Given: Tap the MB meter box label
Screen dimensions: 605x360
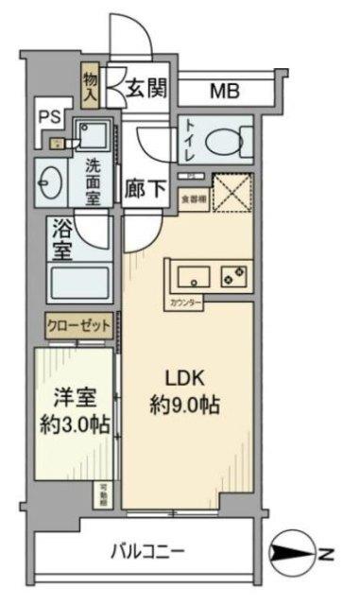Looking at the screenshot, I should (x=224, y=92).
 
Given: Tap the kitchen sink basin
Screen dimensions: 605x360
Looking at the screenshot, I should (x=193, y=277).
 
